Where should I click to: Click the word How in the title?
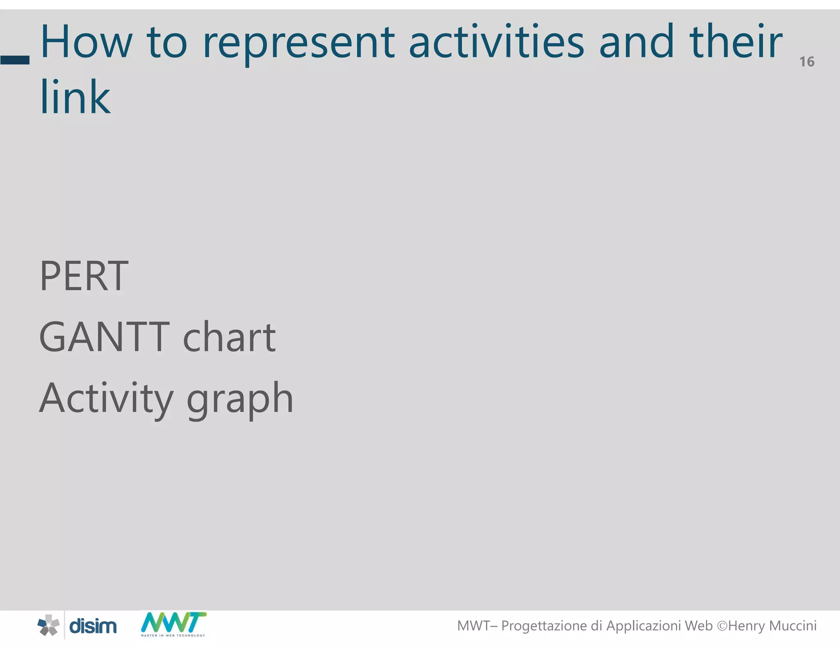pos(87,42)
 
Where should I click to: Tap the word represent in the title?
pos(299,44)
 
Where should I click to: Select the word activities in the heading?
pos(496,42)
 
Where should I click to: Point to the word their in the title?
pos(736,42)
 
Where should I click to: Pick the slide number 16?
pos(806,62)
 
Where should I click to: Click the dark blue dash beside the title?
pos(15,60)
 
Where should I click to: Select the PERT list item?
pos(84,277)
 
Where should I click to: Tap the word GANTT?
pos(104,338)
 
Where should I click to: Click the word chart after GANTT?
pos(229,338)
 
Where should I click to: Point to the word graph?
pos(240,400)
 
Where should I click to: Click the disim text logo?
pos(93,626)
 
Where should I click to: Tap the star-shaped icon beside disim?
pos(48,626)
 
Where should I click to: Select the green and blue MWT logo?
pos(173,624)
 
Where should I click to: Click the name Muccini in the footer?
pos(793,626)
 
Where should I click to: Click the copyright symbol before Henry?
pos(722,626)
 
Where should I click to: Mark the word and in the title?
pos(636,42)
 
